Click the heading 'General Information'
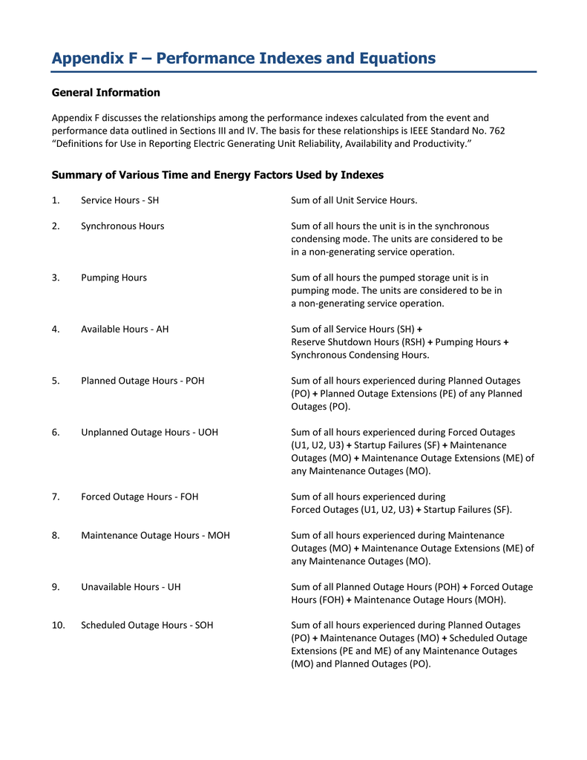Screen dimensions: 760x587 point(105,93)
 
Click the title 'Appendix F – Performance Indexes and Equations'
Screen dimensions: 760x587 point(243,59)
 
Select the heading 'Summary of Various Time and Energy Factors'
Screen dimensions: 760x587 point(217,175)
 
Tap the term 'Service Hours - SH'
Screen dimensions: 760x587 point(119,200)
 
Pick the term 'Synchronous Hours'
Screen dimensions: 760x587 point(122,226)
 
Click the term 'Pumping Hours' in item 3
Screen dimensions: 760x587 point(114,278)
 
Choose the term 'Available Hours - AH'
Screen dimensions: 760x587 point(125,329)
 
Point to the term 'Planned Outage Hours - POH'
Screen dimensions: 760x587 point(142,381)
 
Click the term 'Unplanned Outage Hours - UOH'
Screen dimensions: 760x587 point(149,432)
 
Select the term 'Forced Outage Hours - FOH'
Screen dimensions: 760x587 point(140,497)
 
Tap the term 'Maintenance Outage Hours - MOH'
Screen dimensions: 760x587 point(155,535)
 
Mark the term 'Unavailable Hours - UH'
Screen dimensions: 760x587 point(131,586)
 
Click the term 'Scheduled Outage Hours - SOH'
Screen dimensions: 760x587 point(147,625)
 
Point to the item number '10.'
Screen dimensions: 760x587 point(59,625)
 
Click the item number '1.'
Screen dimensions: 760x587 point(56,200)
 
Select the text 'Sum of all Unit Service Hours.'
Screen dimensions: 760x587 point(354,200)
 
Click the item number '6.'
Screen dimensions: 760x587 point(56,432)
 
